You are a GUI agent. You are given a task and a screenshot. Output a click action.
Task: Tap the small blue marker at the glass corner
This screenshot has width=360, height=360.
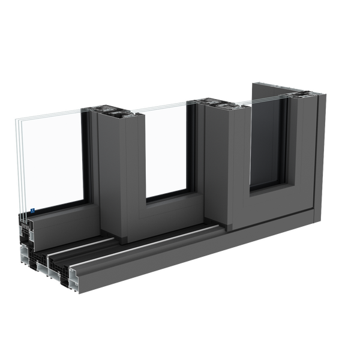click(x=32, y=211)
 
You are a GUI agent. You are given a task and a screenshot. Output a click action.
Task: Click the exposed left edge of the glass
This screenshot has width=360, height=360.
click(x=17, y=168)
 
